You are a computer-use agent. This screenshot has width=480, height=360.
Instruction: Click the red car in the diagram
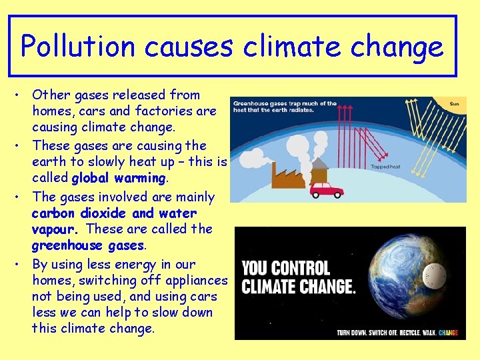coord(327,189)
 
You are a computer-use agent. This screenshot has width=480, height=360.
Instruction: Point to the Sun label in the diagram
coord(455,104)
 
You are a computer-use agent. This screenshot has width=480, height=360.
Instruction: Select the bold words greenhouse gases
coord(88,245)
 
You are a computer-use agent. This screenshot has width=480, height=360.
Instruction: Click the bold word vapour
coord(55,229)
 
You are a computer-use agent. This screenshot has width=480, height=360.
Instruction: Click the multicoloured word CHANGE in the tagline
coord(449,332)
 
